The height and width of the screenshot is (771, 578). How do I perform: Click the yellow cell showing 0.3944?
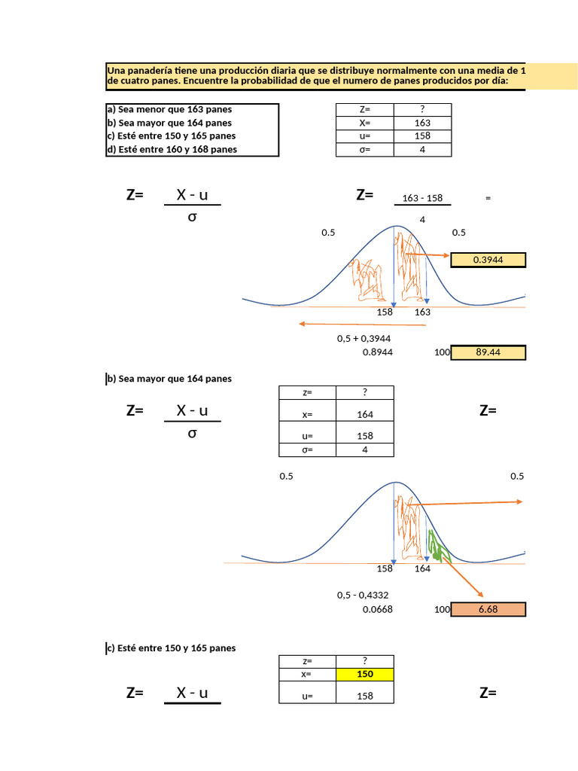(x=488, y=260)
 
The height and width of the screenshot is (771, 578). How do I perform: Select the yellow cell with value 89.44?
(x=488, y=352)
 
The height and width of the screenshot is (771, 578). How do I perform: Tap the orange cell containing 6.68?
(x=488, y=609)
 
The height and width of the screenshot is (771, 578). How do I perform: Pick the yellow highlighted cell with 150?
(x=365, y=675)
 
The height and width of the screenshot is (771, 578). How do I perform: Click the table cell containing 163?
(x=422, y=123)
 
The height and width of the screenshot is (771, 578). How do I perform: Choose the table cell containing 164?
(x=365, y=414)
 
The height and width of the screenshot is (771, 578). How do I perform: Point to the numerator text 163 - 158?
(x=422, y=199)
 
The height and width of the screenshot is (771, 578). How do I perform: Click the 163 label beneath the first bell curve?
(x=422, y=312)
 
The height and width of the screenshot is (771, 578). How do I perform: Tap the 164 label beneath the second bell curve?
(x=422, y=568)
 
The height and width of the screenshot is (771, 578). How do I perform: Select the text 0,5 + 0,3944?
(x=364, y=339)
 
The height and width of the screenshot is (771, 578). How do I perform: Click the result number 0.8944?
(x=377, y=352)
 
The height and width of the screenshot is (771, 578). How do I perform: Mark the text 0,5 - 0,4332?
(x=363, y=596)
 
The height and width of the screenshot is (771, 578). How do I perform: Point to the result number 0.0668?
(x=377, y=609)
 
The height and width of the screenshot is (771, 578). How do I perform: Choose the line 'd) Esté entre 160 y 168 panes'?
(x=172, y=149)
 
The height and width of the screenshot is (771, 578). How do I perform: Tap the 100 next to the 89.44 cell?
(x=442, y=352)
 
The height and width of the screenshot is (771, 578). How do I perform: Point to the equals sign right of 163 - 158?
(x=488, y=199)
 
